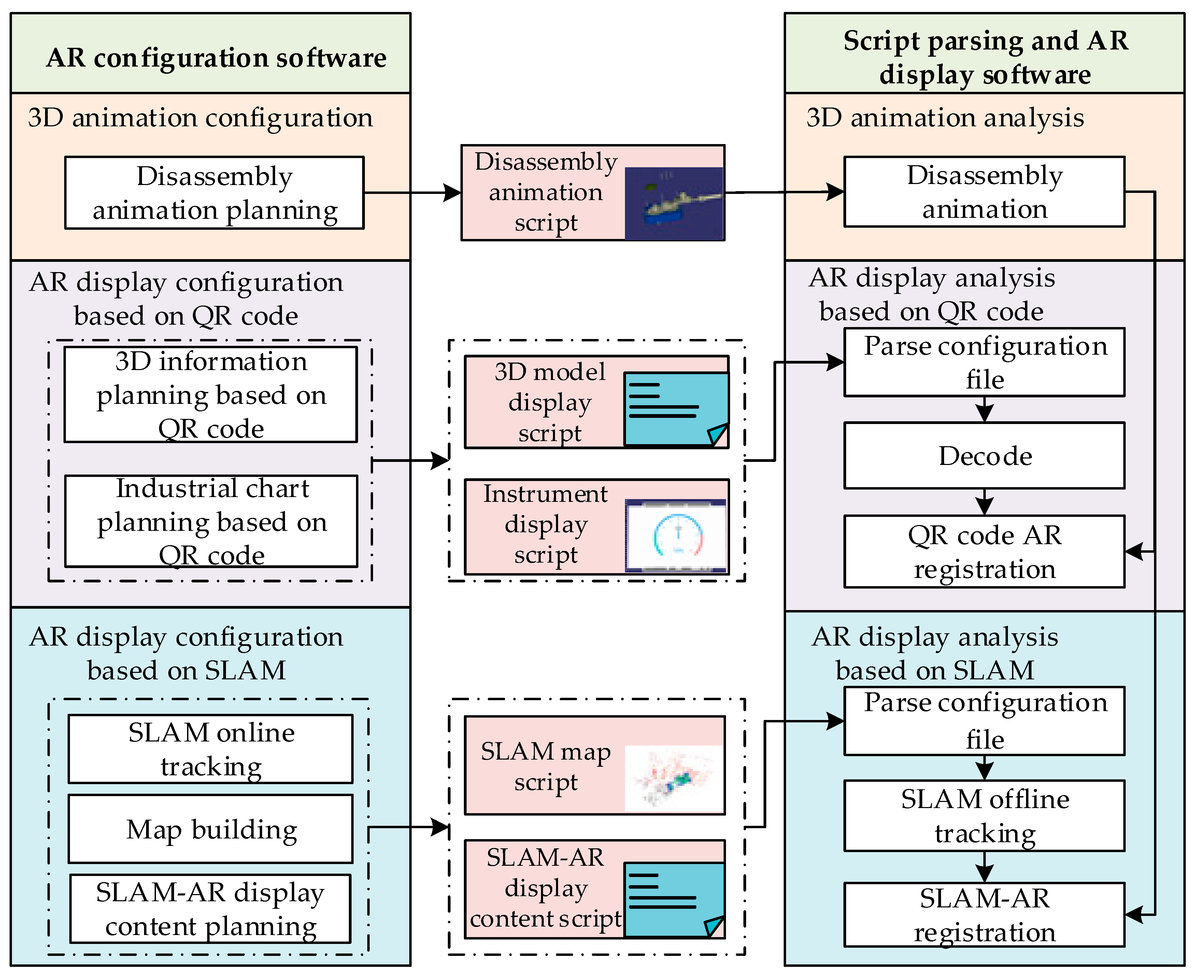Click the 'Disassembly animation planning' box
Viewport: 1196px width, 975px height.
click(x=214, y=193)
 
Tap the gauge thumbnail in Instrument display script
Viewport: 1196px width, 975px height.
click(x=676, y=535)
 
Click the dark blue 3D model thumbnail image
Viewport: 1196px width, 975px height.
click(x=674, y=203)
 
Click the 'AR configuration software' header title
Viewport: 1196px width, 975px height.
click(x=216, y=57)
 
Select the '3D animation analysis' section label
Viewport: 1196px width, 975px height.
click(x=944, y=118)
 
